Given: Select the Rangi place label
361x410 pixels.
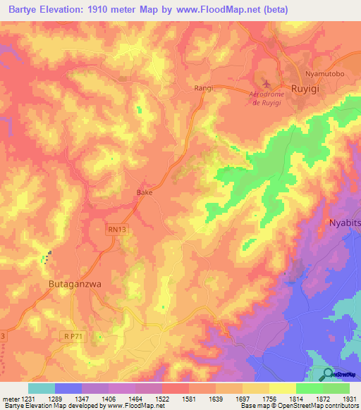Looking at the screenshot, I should [203, 89].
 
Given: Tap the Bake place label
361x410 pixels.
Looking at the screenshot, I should [144, 191].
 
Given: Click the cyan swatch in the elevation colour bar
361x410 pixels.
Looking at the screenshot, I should [41, 387].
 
